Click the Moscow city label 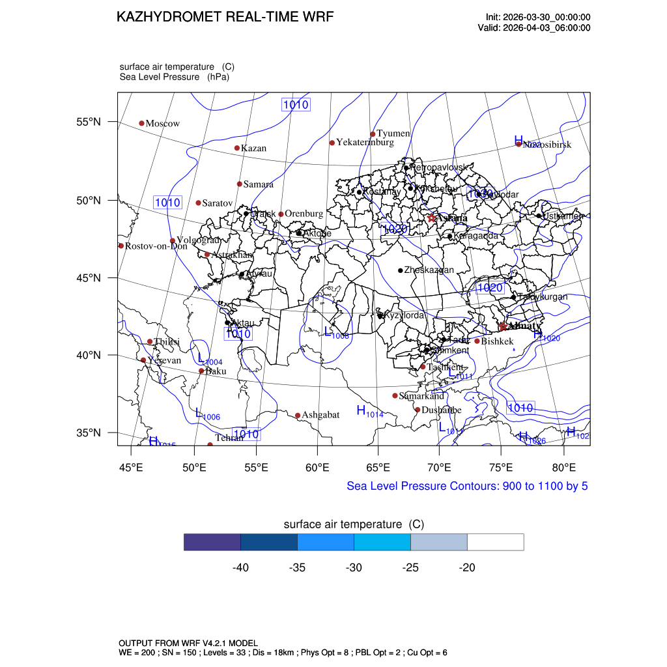[162, 124]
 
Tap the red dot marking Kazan [237, 148]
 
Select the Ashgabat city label [320, 415]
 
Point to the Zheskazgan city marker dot [401, 270]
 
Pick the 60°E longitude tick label [317, 467]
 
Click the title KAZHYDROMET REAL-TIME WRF [225, 18]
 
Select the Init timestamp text [538, 17]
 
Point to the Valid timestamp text [534, 27]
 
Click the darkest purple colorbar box [212, 542]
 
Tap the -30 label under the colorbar [354, 568]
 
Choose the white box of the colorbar [496, 542]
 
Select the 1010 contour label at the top [295, 104]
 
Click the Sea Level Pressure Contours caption [467, 486]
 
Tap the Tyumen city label [393, 134]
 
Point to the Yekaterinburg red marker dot [332, 143]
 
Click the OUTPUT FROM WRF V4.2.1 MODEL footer [188, 643]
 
